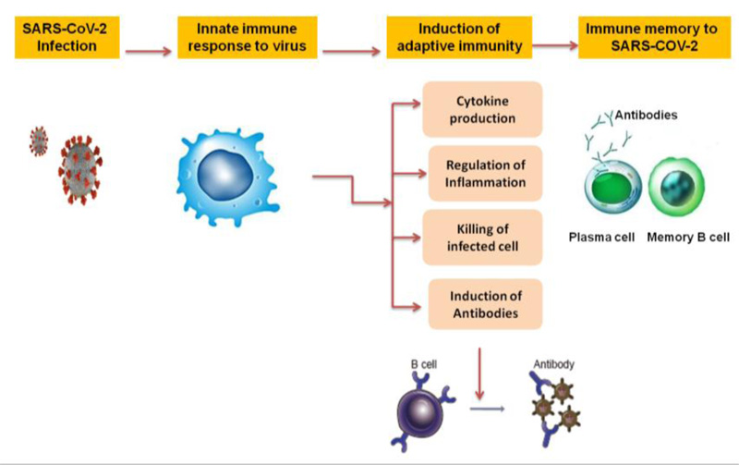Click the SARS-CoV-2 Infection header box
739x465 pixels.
pos(67,37)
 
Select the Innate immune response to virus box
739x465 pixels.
pos(247,37)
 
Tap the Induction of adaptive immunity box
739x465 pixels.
pos(459,37)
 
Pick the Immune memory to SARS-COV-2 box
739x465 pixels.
pos(654,37)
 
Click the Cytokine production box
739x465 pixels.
pos(482,109)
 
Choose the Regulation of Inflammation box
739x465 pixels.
pos(485,174)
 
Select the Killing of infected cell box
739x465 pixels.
pos(482,238)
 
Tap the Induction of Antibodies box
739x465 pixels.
pos(485,304)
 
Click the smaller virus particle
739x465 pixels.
pos(39,141)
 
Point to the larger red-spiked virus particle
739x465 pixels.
pos(80,170)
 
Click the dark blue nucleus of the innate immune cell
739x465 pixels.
pos(225,175)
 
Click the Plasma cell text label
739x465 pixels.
pos(601,238)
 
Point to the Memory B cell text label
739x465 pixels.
pos(688,238)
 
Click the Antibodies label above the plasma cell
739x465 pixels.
pos(646,115)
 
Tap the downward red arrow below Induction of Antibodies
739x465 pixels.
pos(479,374)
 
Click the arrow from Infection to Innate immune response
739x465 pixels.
pos(149,52)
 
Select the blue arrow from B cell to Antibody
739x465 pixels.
pos(488,409)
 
